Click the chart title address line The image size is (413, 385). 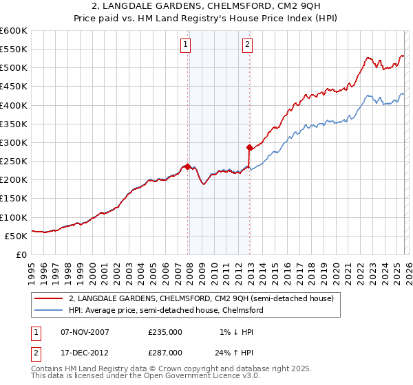(x=206, y=6)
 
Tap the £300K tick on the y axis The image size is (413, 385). (x=14, y=142)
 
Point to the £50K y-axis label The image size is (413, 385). (x=17, y=236)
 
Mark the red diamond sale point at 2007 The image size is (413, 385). (x=187, y=166)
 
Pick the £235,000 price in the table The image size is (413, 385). (x=165, y=332)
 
